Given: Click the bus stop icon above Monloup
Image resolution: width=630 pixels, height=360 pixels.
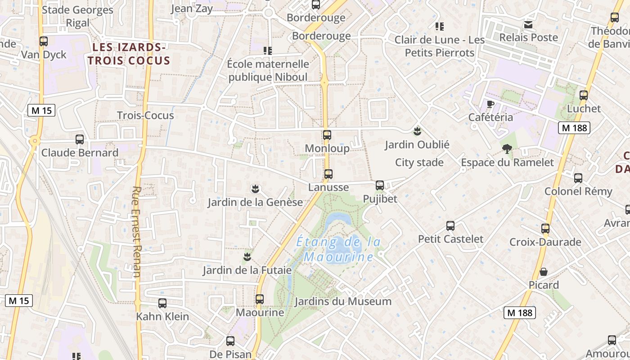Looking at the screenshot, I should pyautogui.click(x=327, y=135).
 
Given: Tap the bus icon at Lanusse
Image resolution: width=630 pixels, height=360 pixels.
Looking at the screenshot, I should pyautogui.click(x=328, y=174).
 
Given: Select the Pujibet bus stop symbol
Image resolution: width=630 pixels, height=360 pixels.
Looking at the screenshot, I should pyautogui.click(x=380, y=185).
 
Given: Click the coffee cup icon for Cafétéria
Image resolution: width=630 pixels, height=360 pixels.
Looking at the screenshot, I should pyautogui.click(x=490, y=104).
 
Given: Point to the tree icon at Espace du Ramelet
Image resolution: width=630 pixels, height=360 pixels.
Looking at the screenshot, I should pyautogui.click(x=507, y=149).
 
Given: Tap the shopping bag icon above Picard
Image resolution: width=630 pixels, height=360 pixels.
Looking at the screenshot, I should pyautogui.click(x=544, y=272).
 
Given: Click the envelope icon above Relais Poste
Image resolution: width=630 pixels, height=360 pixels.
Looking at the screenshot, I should pyautogui.click(x=528, y=24).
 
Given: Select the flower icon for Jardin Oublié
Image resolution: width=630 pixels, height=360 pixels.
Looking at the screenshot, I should pyautogui.click(x=417, y=131).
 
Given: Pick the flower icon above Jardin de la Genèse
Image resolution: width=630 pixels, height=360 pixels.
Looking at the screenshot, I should pyautogui.click(x=256, y=189).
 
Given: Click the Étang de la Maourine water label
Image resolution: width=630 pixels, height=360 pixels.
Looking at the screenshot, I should pyautogui.click(x=338, y=249).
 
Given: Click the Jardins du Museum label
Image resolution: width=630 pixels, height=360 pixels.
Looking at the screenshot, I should pyautogui.click(x=343, y=301).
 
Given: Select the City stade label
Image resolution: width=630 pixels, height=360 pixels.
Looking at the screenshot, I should pyautogui.click(x=419, y=162).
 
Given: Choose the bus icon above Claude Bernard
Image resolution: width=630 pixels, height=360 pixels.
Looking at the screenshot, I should pyautogui.click(x=80, y=139).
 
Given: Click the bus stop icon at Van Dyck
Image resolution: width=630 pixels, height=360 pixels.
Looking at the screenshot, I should pyautogui.click(x=44, y=41).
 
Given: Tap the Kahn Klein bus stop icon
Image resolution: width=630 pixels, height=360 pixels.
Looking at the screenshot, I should pyautogui.click(x=162, y=303).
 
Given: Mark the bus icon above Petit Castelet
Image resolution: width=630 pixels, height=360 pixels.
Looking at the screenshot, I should pyautogui.click(x=450, y=226).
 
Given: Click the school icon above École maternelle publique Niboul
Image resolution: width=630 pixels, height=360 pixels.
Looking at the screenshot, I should pyautogui.click(x=268, y=51).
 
